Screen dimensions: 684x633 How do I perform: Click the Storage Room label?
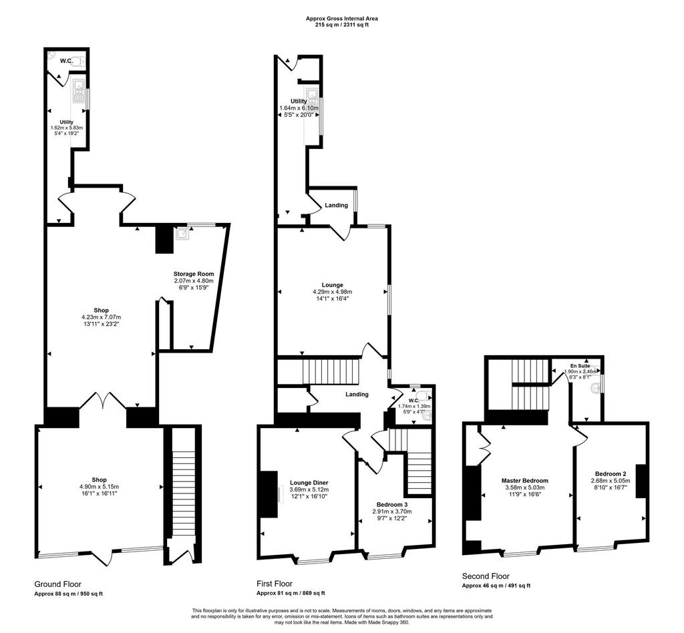[194, 274]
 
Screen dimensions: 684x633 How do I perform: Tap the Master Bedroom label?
[525, 480]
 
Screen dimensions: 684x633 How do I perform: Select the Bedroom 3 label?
[391, 505]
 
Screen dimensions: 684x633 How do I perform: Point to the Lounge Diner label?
[309, 483]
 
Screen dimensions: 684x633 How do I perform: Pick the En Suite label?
[580, 366]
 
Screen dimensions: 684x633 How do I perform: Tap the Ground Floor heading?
[58, 584]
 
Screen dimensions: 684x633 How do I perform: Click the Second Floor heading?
[486, 576]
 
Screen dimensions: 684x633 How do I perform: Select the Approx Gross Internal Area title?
[341, 19]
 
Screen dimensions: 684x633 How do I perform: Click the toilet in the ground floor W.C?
[80, 63]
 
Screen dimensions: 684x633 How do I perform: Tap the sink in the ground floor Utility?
[79, 91]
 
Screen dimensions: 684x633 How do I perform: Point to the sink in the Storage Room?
[182, 234]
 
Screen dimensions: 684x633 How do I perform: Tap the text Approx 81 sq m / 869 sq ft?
[291, 594]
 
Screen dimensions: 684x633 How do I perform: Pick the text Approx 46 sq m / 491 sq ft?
[496, 586]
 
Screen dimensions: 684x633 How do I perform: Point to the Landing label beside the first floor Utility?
[337, 205]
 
